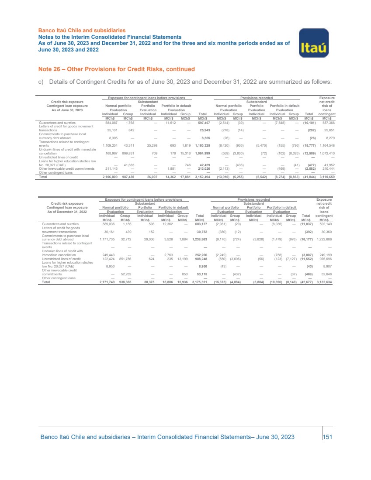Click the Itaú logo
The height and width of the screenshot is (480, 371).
tap(313, 43)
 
